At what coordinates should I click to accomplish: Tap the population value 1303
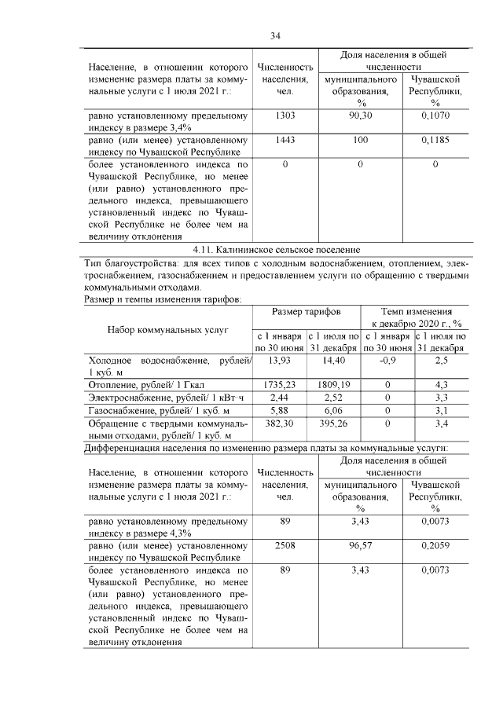(285, 115)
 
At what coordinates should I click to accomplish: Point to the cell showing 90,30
(361, 115)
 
